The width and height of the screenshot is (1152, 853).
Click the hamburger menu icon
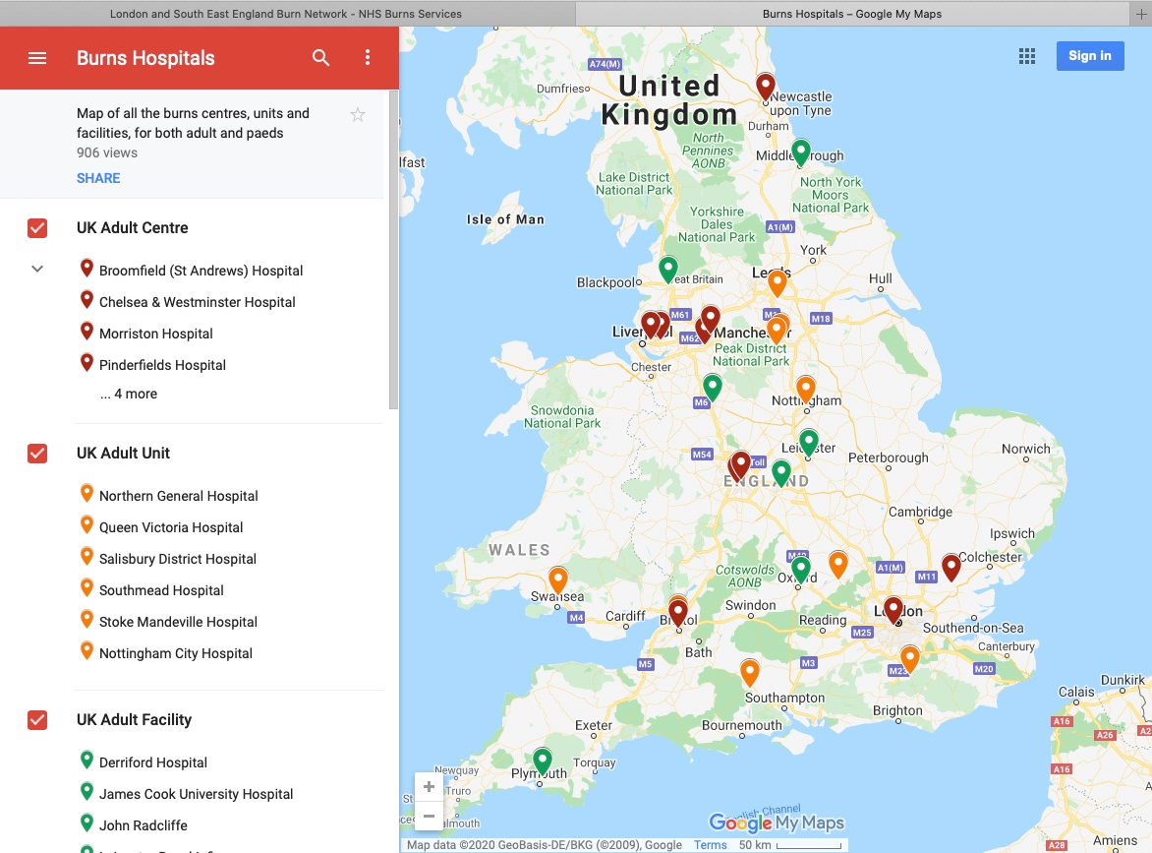coord(37,58)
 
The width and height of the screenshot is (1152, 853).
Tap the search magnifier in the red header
coord(320,58)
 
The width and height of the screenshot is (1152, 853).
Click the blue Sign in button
coord(1089,56)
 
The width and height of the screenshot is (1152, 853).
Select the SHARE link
coord(98,178)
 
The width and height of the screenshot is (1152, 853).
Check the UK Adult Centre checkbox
coord(37,228)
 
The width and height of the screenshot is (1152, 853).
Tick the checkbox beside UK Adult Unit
coord(37,454)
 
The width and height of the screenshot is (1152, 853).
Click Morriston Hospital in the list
coord(155,334)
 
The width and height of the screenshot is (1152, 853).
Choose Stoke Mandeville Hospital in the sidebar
coord(178,622)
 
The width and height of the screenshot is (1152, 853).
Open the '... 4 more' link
coord(128,394)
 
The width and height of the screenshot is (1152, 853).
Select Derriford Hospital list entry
coord(152,762)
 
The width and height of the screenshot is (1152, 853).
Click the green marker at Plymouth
coord(542,761)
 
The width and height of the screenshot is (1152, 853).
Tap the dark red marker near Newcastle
coord(766,87)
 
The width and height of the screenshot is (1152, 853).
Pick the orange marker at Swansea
coord(558,579)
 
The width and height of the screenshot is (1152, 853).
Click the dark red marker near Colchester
coord(950,567)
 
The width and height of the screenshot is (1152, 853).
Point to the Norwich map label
coord(1025,449)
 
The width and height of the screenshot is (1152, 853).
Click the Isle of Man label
coord(505,219)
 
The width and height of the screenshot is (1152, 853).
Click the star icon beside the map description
coord(358,115)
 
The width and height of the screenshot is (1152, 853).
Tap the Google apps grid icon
coord(1027,56)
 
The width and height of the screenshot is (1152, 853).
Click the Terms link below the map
coord(710,845)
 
